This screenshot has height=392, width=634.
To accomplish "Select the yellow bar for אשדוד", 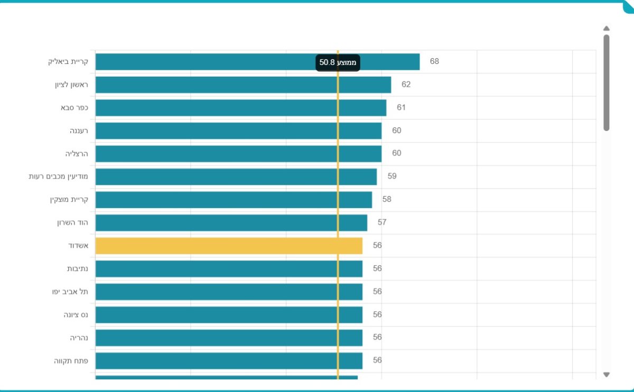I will click(x=229, y=246).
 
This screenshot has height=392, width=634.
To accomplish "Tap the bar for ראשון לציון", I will click(x=243, y=85).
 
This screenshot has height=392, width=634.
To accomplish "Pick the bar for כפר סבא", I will click(x=241, y=108).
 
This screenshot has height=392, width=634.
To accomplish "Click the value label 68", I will click(x=434, y=61).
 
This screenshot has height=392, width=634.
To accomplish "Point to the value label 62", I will click(x=406, y=85).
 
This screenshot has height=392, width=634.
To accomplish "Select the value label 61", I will click(x=401, y=108).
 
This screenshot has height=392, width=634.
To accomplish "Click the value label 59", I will click(x=391, y=176).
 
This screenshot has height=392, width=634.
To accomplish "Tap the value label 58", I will click(x=387, y=200).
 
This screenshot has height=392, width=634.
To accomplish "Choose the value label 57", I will click(x=382, y=222).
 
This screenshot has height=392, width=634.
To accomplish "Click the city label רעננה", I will click(x=79, y=130).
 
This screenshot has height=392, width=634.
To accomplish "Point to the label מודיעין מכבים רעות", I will click(x=58, y=176).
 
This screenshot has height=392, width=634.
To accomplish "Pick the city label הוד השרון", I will click(x=72, y=222).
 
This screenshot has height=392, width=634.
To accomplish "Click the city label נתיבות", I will click(x=77, y=268).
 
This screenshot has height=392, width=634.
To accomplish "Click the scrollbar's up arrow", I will click(x=607, y=29).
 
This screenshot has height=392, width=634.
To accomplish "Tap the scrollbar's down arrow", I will click(x=607, y=375).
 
